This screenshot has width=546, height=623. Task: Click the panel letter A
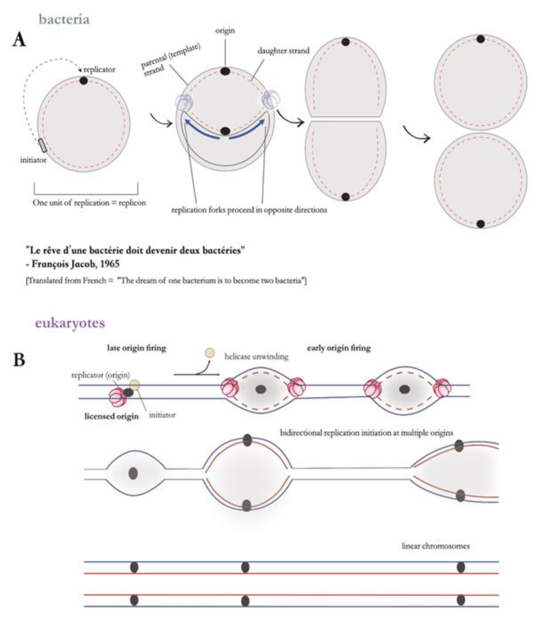tap(19, 40)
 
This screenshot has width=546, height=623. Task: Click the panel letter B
tap(19, 360)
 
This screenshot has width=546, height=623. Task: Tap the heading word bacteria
tap(64, 19)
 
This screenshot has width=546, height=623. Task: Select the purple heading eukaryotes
tap(70, 323)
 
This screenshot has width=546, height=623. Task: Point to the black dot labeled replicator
tap(83, 81)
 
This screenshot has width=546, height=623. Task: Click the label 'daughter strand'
tap(283, 51)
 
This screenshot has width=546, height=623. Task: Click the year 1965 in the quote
tap(110, 264)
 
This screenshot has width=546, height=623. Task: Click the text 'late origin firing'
tap(137, 348)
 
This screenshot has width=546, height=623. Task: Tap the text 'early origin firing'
tap(339, 348)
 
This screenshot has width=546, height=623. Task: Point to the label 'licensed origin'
tap(112, 416)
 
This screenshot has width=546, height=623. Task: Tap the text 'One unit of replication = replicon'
tap(89, 203)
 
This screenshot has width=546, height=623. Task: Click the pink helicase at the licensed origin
tap(117, 397)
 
